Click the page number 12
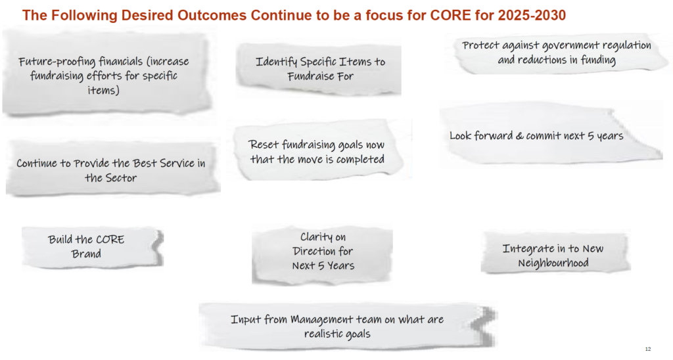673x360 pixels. coord(648,348)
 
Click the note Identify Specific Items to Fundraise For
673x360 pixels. coord(320,68)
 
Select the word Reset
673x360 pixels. coord(264,145)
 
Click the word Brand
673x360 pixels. coord(86,254)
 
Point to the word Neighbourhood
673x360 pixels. coord(553,263)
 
